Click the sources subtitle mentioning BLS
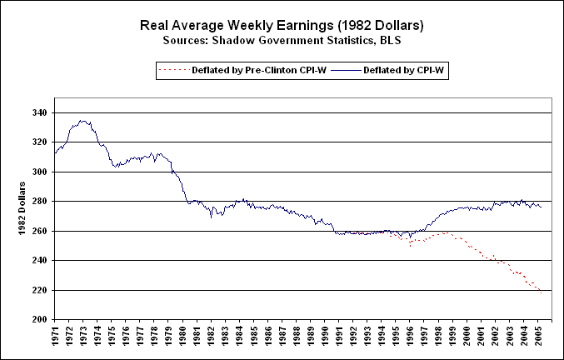point(282,39)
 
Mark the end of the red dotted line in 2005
point(542,292)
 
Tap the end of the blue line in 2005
point(542,206)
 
